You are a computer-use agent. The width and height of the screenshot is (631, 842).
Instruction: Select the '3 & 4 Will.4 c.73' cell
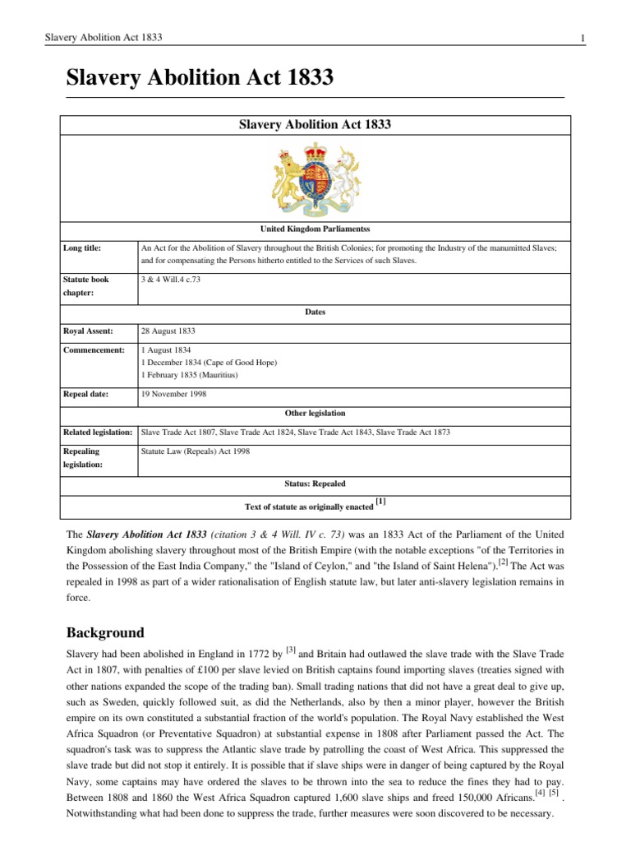coord(170,280)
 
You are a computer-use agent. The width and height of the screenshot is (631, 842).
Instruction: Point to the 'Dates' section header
coord(315,312)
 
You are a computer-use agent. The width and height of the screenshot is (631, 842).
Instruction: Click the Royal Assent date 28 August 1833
coord(169,331)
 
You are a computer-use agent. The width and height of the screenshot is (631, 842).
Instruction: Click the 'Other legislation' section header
coord(315,413)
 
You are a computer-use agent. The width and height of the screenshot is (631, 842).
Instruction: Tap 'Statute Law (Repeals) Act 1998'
coord(196,451)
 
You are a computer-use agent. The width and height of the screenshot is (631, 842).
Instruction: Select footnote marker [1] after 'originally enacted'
coord(380,501)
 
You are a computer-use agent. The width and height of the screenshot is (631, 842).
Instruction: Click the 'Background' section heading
coord(104,633)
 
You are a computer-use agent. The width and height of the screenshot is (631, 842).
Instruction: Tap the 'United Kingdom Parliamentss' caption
coord(315,227)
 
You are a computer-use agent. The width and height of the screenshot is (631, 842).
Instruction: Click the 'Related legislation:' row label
coord(98,432)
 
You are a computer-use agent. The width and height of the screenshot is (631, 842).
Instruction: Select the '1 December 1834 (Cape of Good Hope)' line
coord(210,363)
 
